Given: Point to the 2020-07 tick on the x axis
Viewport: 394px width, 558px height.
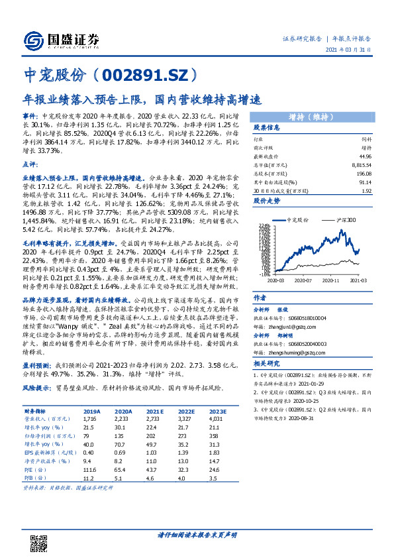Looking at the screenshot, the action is tap(303, 281).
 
